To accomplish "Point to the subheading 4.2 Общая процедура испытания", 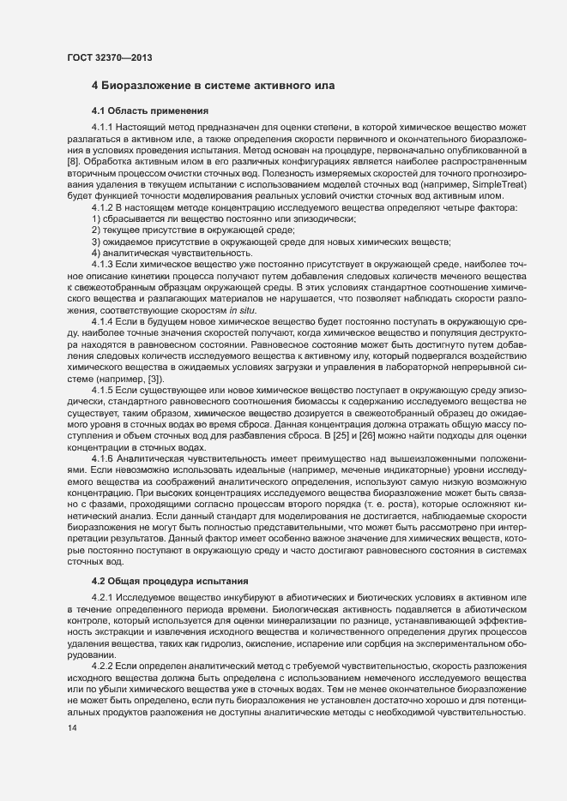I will tap(158, 582).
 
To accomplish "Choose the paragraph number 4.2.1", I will tap(103, 596).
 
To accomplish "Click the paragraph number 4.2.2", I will tap(103, 666).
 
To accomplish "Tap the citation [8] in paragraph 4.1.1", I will tap(74, 161).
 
